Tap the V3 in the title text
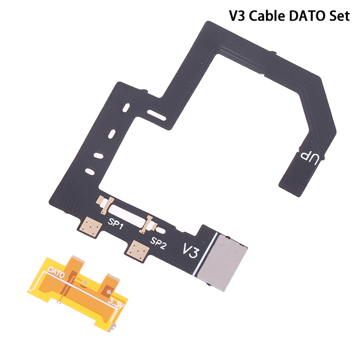[x=238, y=16]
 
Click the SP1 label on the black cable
[x=116, y=224]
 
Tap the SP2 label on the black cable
[x=158, y=243]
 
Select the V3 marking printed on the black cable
[x=190, y=251]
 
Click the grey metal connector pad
[x=222, y=262]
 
